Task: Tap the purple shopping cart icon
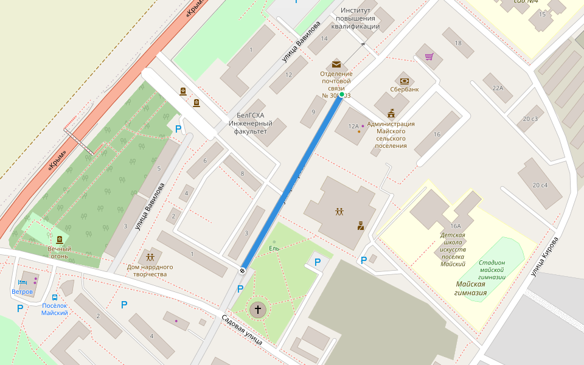click(429, 57)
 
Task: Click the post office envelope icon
click(336, 64)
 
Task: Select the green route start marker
click(342, 94)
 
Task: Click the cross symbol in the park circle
click(257, 310)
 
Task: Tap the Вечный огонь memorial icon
click(60, 240)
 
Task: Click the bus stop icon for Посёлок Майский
click(55, 298)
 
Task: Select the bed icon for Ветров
click(23, 282)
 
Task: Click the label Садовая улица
click(242, 329)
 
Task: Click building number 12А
click(353, 126)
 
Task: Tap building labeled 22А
click(498, 88)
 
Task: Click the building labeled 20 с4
click(540, 185)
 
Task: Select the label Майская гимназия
click(471, 288)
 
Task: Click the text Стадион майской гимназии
click(492, 269)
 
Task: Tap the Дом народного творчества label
click(150, 270)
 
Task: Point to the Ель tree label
click(274, 248)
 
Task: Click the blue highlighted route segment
click(292, 181)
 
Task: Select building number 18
click(458, 43)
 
